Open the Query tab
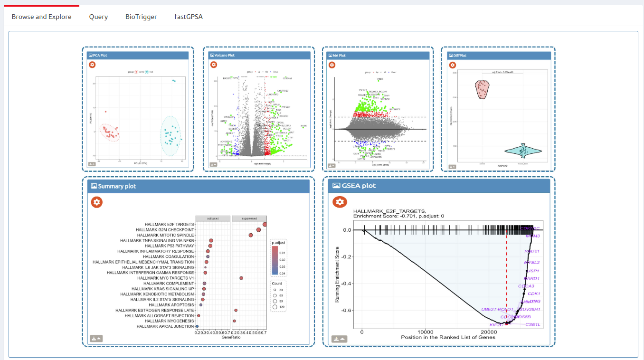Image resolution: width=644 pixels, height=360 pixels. [x=98, y=17]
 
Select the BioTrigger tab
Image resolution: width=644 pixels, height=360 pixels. [x=141, y=17]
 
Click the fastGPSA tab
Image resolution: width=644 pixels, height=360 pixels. [x=188, y=17]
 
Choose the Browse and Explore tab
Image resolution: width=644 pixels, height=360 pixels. [x=41, y=17]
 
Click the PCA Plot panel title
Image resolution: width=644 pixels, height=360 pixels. [x=100, y=56]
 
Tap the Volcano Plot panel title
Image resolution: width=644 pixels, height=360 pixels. [x=224, y=56]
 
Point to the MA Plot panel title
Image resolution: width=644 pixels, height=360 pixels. [x=339, y=56]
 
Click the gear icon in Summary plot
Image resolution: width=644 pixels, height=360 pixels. [x=97, y=202]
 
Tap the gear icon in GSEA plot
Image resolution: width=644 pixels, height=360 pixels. [x=339, y=202]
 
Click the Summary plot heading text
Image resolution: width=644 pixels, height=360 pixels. [x=117, y=186]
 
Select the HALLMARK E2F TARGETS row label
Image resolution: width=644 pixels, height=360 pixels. [x=170, y=224]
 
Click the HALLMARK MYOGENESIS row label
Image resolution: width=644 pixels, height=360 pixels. [x=170, y=321]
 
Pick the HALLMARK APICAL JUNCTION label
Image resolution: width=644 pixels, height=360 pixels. [x=165, y=327]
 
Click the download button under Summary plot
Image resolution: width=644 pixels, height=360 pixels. [x=96, y=339]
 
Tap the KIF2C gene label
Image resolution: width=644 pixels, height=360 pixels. [x=496, y=325]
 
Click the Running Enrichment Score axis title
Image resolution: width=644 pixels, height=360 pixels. [x=337, y=275]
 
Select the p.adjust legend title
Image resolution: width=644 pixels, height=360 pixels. [x=278, y=243]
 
